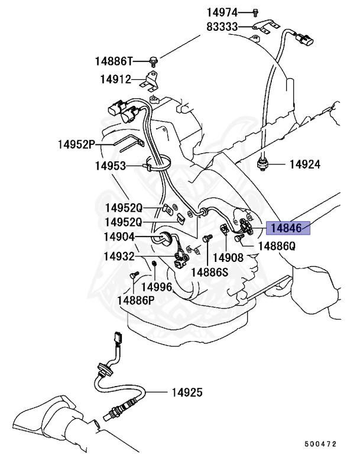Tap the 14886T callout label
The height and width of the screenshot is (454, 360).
(115, 60)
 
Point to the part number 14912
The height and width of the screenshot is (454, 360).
(115, 79)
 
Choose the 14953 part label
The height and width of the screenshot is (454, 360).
(111, 166)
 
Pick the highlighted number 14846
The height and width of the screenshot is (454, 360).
(289, 226)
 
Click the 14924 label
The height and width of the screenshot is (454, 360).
(305, 164)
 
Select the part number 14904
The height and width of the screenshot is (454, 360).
(119, 237)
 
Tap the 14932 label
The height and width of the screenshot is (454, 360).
(119, 257)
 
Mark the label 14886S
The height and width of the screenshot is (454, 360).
(209, 271)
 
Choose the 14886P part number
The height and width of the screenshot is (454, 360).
(135, 299)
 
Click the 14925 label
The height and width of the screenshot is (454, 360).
(187, 392)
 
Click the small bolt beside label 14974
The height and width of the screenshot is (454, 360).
(255, 11)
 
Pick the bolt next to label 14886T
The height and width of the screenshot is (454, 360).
(153, 59)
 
